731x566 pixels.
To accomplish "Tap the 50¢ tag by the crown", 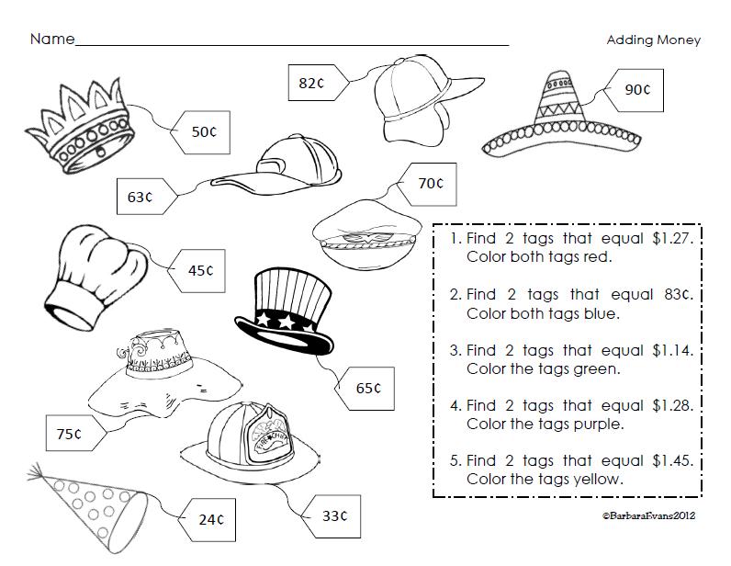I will [x=202, y=131].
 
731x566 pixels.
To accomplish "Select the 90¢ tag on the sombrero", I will [x=636, y=90].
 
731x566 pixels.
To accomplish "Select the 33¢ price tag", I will [x=331, y=515].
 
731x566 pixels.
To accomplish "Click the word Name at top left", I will [x=51, y=40].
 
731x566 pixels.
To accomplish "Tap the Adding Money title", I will [x=653, y=40].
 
